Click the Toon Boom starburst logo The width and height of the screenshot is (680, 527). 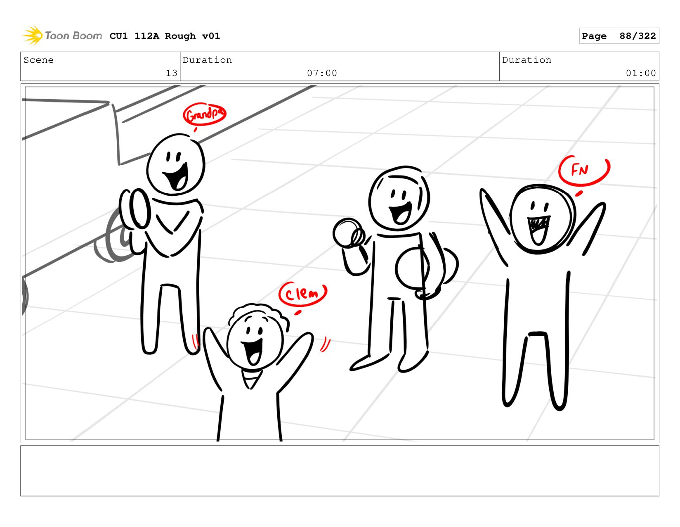[x=33, y=36]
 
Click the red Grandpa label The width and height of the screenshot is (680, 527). [x=204, y=114]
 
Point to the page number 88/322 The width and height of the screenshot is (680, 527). [x=637, y=36]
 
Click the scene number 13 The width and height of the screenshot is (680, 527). [x=172, y=73]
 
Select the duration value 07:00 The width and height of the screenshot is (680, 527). [x=322, y=73]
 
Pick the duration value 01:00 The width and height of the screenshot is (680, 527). [x=640, y=73]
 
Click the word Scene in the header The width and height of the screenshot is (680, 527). [x=38, y=60]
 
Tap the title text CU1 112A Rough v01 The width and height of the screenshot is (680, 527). [x=165, y=36]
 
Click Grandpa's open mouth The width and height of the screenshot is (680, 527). [x=177, y=177]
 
